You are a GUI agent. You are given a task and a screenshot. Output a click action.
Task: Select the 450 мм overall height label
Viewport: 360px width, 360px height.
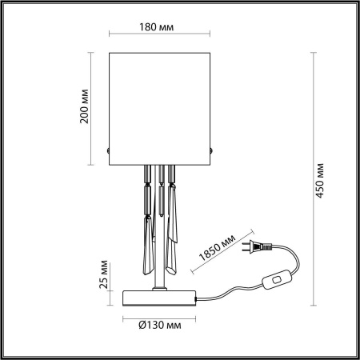(320, 183)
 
